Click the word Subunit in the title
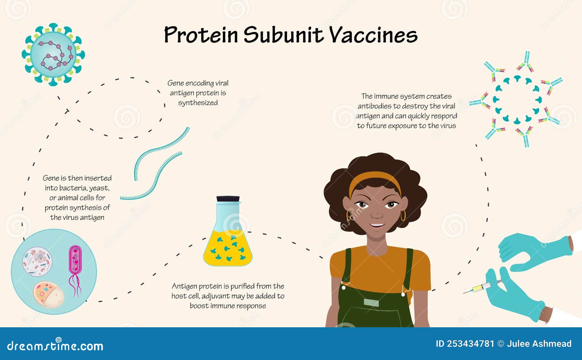pyautogui.click(x=283, y=35)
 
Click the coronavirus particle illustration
pyautogui.click(x=53, y=55)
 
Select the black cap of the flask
pyautogui.click(x=228, y=199)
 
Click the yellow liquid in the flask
pyautogui.click(x=228, y=251)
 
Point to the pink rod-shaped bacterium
pyautogui.click(x=75, y=260)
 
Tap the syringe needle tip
pyautogui.click(x=464, y=292)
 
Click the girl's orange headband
pyautogui.click(x=374, y=179)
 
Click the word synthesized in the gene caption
pyautogui.click(x=198, y=103)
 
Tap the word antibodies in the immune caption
pyautogui.click(x=375, y=106)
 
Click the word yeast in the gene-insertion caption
pyautogui.click(x=99, y=188)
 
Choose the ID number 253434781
pyautogui.click(x=470, y=344)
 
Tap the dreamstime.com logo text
pyautogui.click(x=55, y=346)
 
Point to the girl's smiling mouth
pyautogui.click(x=377, y=225)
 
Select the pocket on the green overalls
pyautogui.click(x=371, y=303)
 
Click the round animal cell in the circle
pyautogui.click(x=37, y=261)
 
